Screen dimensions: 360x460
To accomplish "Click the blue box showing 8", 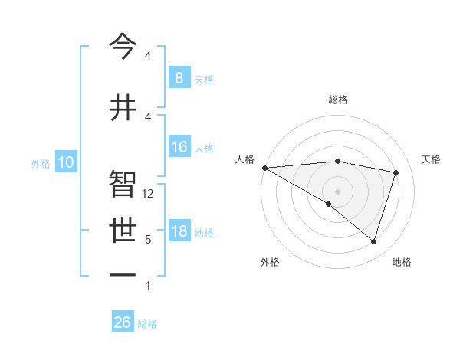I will [179, 77].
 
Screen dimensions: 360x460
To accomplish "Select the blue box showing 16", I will [179, 147].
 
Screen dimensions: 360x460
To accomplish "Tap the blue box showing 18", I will [179, 231].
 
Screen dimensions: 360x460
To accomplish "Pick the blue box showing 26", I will [122, 322].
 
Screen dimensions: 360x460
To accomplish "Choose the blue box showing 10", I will [66, 162].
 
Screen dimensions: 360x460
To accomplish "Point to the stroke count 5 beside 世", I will [148, 240].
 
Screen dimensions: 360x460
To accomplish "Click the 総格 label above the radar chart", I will [337, 100].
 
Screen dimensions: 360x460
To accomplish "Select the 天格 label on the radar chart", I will [431, 159].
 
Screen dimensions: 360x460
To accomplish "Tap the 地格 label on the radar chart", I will [402, 262].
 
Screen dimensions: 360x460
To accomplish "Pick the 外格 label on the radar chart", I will [270, 262].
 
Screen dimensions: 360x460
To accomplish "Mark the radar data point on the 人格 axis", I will [264, 167].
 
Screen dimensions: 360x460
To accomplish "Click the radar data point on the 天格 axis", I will [396, 172].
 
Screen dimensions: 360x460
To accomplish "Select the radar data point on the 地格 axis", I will [373, 241].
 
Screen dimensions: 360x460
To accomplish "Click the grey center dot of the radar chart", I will [337, 190].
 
